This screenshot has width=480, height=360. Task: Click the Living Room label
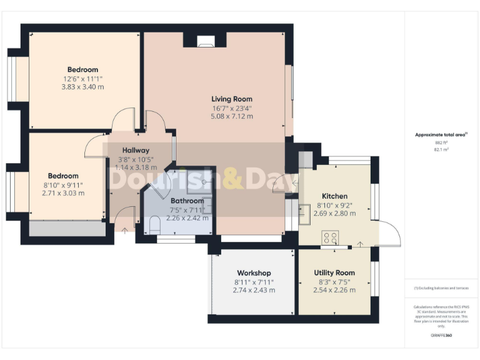click(231, 99)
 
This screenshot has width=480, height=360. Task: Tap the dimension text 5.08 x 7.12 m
click(231, 116)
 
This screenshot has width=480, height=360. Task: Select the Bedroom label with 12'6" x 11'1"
click(82, 69)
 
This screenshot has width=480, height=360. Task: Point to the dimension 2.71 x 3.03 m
click(64, 193)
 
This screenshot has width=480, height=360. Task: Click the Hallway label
click(136, 150)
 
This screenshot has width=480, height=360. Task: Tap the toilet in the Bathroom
click(156, 224)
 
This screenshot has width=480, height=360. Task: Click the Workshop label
click(253, 273)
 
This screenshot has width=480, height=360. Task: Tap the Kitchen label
click(334, 196)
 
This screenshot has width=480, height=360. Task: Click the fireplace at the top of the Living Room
click(205, 42)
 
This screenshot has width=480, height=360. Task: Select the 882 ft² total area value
click(441, 142)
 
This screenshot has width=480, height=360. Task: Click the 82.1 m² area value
click(441, 150)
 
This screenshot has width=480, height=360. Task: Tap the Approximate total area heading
click(440, 134)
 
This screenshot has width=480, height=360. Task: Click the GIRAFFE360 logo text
click(441, 336)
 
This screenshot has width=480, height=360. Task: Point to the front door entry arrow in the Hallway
click(124, 231)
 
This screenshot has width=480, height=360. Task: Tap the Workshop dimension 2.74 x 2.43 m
click(253, 290)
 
